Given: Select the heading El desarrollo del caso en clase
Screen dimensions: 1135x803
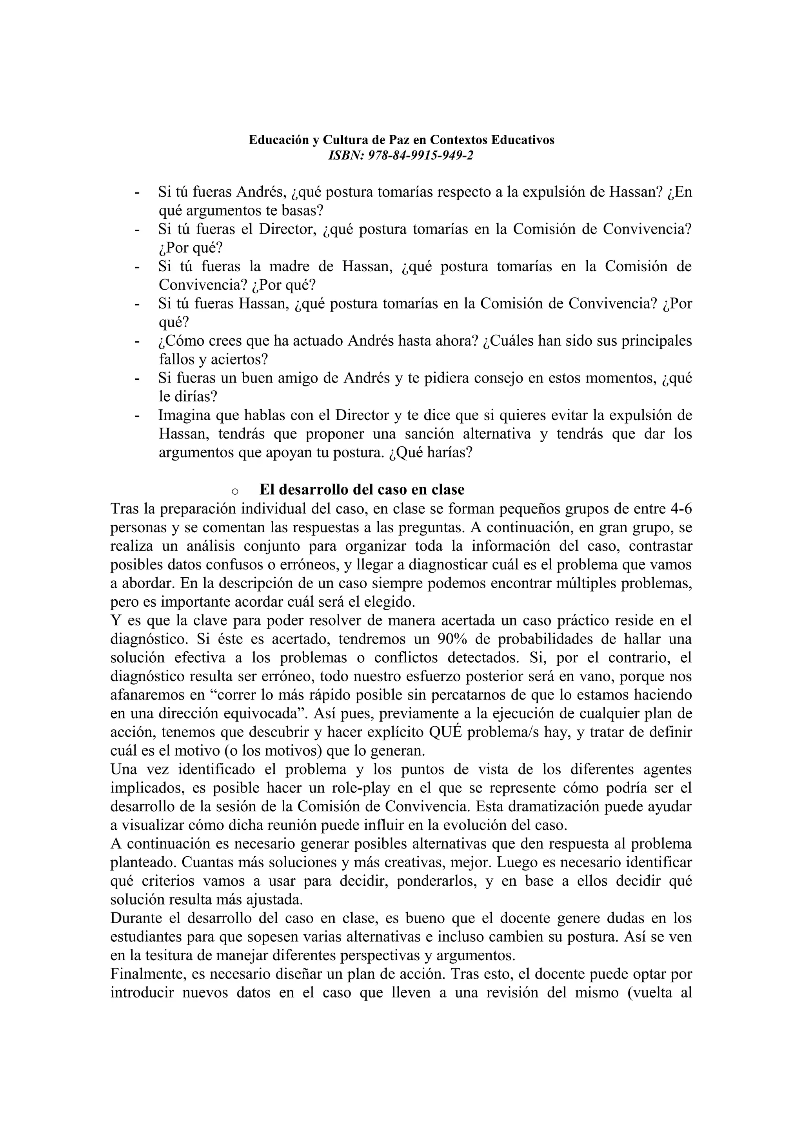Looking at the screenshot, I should [362, 490].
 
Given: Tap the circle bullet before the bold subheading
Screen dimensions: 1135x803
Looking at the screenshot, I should [235, 491].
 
